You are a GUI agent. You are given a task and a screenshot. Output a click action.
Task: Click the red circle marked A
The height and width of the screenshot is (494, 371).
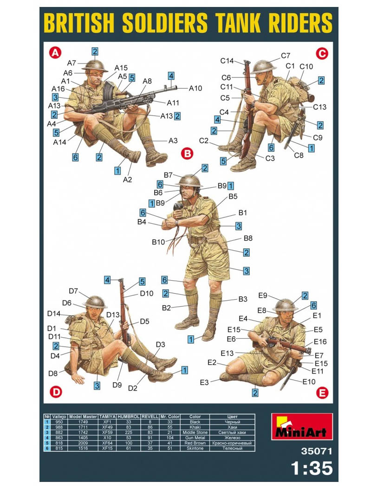[55, 52]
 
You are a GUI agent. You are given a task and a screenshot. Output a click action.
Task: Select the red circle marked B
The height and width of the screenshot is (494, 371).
[188, 154]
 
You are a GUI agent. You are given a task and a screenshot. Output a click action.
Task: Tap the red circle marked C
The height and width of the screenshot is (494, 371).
[322, 53]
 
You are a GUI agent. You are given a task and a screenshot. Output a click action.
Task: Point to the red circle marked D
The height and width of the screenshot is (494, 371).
[57, 392]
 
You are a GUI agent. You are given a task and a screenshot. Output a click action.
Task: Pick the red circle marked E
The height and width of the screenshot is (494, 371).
[322, 393]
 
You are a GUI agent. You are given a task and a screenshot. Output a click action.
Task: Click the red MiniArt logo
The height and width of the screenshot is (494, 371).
[302, 427]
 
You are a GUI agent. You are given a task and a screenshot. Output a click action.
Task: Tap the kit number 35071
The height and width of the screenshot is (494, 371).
[317, 451]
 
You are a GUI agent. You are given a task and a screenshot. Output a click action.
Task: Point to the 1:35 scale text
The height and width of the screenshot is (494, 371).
[312, 468]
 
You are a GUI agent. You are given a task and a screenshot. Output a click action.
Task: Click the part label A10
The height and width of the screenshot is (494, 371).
[195, 89]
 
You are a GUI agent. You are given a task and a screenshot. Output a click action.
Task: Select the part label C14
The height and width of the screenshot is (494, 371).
[227, 61]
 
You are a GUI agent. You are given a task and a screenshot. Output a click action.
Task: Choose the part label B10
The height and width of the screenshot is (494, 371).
[158, 242]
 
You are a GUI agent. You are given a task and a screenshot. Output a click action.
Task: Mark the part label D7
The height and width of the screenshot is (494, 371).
[73, 291]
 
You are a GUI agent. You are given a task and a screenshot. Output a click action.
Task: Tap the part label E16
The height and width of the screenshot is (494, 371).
[320, 341]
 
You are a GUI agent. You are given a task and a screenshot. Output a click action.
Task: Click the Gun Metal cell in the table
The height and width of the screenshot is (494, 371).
[195, 437]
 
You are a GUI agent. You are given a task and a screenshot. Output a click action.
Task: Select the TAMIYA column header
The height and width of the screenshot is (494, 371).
[108, 417]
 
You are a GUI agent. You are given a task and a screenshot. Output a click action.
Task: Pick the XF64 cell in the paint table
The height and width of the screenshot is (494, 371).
[108, 443]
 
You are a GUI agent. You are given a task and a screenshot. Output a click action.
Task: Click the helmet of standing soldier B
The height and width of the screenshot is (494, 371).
[189, 181]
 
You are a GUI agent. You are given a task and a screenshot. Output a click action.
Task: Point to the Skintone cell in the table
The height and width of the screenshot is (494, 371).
[195, 449]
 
